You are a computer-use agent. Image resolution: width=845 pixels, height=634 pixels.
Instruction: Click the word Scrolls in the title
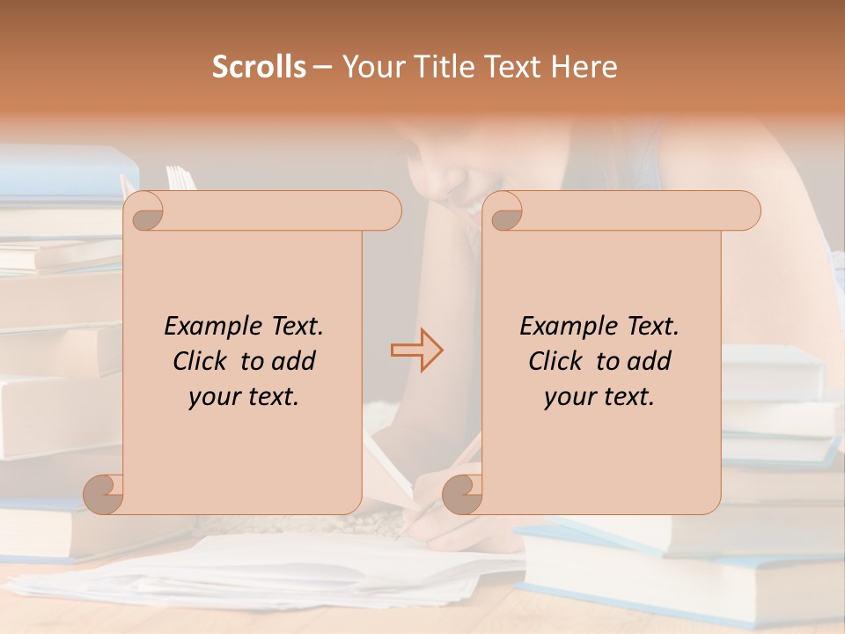259,67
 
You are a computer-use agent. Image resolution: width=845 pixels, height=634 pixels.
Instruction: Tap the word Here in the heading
583,67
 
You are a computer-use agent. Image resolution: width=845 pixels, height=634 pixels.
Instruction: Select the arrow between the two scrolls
416,350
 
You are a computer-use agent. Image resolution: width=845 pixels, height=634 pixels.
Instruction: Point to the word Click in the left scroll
203,361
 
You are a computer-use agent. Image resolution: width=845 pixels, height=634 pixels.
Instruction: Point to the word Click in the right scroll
559,361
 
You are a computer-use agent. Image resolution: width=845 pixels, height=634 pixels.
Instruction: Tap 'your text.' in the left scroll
244,397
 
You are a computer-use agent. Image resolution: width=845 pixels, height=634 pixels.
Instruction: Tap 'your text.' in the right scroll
599,397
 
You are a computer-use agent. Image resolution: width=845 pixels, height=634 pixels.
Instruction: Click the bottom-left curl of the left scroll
102,493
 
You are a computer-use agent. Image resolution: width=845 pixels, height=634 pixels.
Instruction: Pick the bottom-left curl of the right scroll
461,493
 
